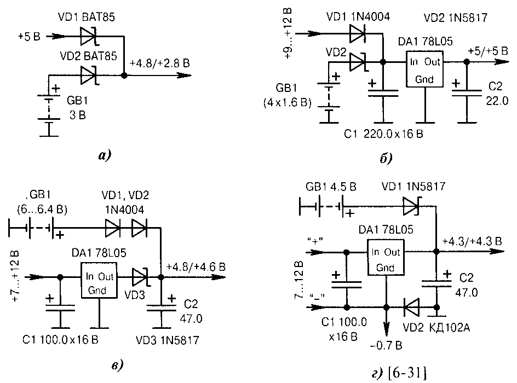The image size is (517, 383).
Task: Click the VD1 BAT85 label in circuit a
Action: coord(87,17)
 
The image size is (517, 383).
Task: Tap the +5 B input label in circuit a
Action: coord(30,36)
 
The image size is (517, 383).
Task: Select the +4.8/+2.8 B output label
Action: coord(160,63)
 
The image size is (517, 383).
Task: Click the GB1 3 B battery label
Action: coord(77,108)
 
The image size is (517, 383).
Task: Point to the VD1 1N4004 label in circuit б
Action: coord(358,16)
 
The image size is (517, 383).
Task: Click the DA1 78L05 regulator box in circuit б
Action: coord(424,69)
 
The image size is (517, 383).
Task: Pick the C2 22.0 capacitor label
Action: coord(497,93)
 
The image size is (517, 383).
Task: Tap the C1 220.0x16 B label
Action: coord(383,134)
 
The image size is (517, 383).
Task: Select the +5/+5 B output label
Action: coord(488,51)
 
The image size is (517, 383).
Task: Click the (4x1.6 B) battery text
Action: coord(287,103)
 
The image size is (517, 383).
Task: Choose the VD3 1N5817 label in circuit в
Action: coord(168,340)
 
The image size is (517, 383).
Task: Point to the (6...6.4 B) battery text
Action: coord(42,209)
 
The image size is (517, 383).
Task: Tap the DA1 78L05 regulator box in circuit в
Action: coord(99,280)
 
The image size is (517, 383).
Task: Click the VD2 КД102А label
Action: coord(436,327)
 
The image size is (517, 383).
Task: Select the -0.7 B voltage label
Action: coord(386,345)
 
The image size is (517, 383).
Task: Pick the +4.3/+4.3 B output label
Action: coord(472,241)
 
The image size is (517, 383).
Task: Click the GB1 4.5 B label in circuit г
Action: coord(331,187)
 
